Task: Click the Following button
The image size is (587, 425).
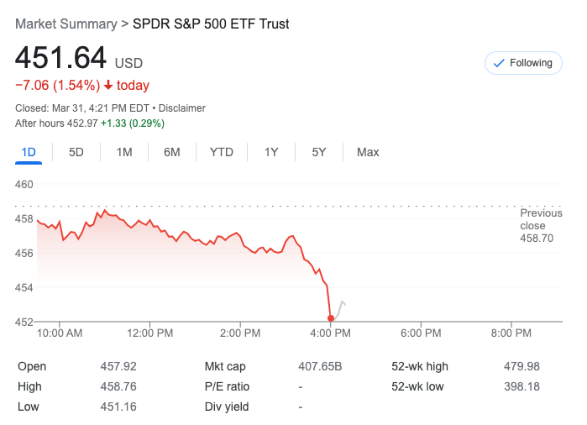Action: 523,63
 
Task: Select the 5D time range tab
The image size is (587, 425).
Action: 76,152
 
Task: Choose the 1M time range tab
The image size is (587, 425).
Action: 124,152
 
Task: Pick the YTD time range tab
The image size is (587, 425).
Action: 222,152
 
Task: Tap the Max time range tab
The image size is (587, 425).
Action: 368,152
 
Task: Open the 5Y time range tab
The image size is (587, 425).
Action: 319,152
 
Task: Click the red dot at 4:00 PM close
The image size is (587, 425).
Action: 331,318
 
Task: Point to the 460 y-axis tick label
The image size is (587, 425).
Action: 24,185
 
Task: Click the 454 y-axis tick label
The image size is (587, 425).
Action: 24,287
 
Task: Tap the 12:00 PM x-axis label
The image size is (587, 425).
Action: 150,333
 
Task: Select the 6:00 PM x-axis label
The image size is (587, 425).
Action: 421,333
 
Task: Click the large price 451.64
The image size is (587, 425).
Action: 61,58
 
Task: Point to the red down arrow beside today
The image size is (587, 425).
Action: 108,86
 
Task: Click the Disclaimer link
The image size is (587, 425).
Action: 182,108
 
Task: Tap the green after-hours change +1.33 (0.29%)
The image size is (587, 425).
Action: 132,123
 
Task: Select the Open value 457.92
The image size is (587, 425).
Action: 118,366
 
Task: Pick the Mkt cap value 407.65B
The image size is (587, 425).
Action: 320,366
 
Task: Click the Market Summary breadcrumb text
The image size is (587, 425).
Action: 66,24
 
